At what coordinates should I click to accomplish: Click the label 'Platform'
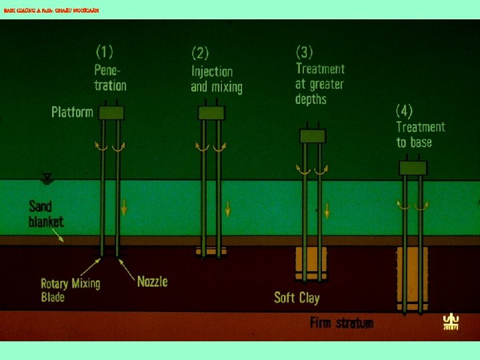(72, 112)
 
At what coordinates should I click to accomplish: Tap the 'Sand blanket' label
(46, 214)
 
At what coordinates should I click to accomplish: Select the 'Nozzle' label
(152, 281)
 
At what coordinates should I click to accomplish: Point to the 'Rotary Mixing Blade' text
(70, 290)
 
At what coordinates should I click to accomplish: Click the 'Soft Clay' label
(297, 297)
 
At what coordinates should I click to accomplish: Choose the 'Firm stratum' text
(341, 323)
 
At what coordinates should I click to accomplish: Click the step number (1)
(105, 51)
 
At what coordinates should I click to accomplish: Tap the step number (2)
(201, 53)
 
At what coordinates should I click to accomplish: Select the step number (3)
(305, 51)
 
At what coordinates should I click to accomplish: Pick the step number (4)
(405, 110)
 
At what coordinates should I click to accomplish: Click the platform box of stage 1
(111, 113)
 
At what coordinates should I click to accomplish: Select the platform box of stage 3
(312, 136)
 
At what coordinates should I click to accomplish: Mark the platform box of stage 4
(413, 167)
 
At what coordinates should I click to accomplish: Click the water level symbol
(47, 179)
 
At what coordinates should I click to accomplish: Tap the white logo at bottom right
(451, 322)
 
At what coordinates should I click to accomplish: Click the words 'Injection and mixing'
(216, 79)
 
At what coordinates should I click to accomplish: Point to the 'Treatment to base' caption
(420, 135)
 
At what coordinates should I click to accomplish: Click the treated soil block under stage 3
(311, 264)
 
